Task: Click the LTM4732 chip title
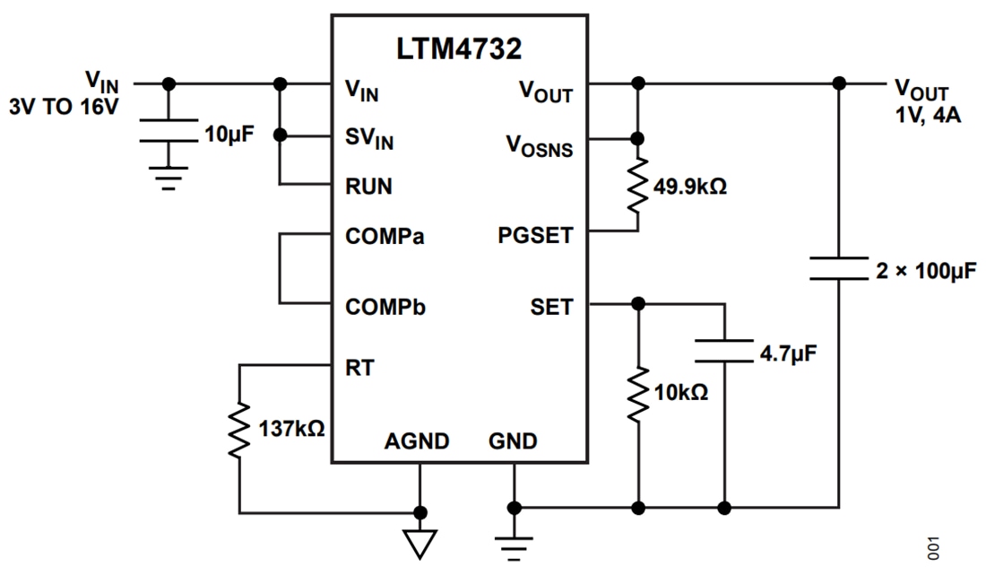[x=459, y=49]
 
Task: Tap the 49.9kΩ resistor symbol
[x=637, y=187]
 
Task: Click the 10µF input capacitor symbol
[x=168, y=131]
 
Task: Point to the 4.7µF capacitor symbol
[x=724, y=351]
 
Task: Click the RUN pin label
[x=368, y=187]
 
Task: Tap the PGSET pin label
[x=535, y=238]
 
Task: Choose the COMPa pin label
[x=385, y=238]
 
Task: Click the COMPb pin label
[x=385, y=307]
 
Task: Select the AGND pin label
[x=417, y=441]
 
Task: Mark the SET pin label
[x=551, y=307]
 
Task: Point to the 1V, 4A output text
[x=924, y=115]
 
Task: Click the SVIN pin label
[x=369, y=139]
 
